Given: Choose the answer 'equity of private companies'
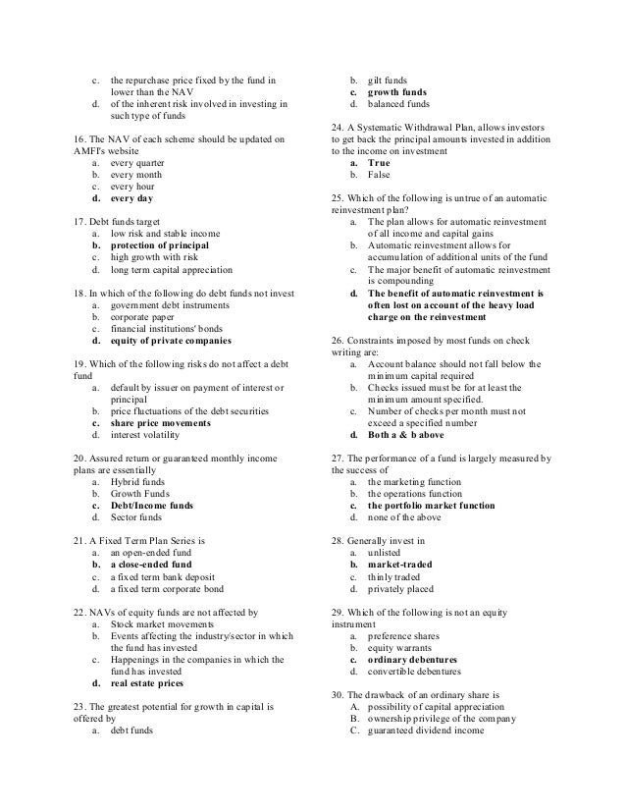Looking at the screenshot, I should [172, 340].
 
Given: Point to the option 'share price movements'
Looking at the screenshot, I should [161, 422].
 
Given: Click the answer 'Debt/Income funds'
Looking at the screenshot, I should [152, 505].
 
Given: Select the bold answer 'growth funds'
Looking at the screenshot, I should [395, 91].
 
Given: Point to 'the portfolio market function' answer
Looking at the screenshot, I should [431, 505].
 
